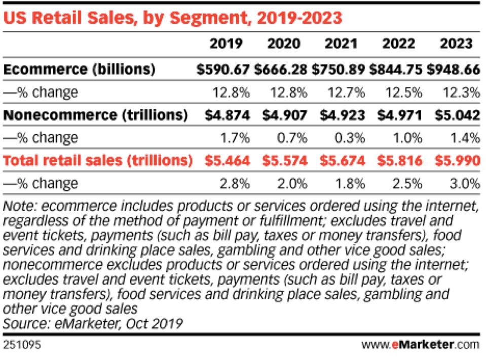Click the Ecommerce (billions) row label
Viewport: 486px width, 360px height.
point(78,69)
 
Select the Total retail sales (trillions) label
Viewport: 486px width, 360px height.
point(97,161)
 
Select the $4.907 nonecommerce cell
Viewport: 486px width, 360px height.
point(284,115)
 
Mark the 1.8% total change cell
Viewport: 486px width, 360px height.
point(350,183)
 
